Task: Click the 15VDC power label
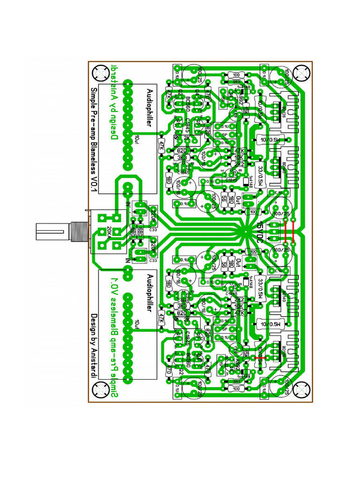(x=259, y=230)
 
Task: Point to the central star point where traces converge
(x=245, y=230)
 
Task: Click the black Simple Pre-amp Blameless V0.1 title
(x=93, y=140)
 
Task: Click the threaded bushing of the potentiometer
(x=77, y=231)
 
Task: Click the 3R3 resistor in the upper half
(x=236, y=81)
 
